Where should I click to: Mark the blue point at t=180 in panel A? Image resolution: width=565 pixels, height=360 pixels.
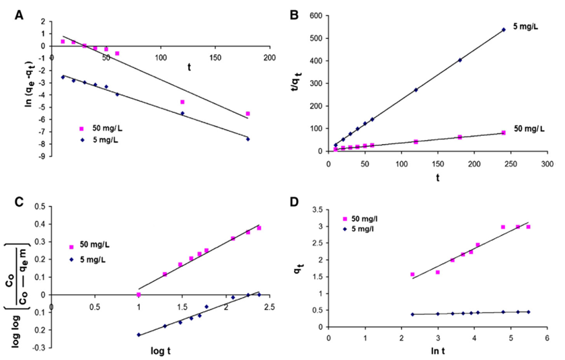click(248, 139)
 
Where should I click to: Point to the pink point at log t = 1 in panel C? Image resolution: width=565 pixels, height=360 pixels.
click(139, 295)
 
